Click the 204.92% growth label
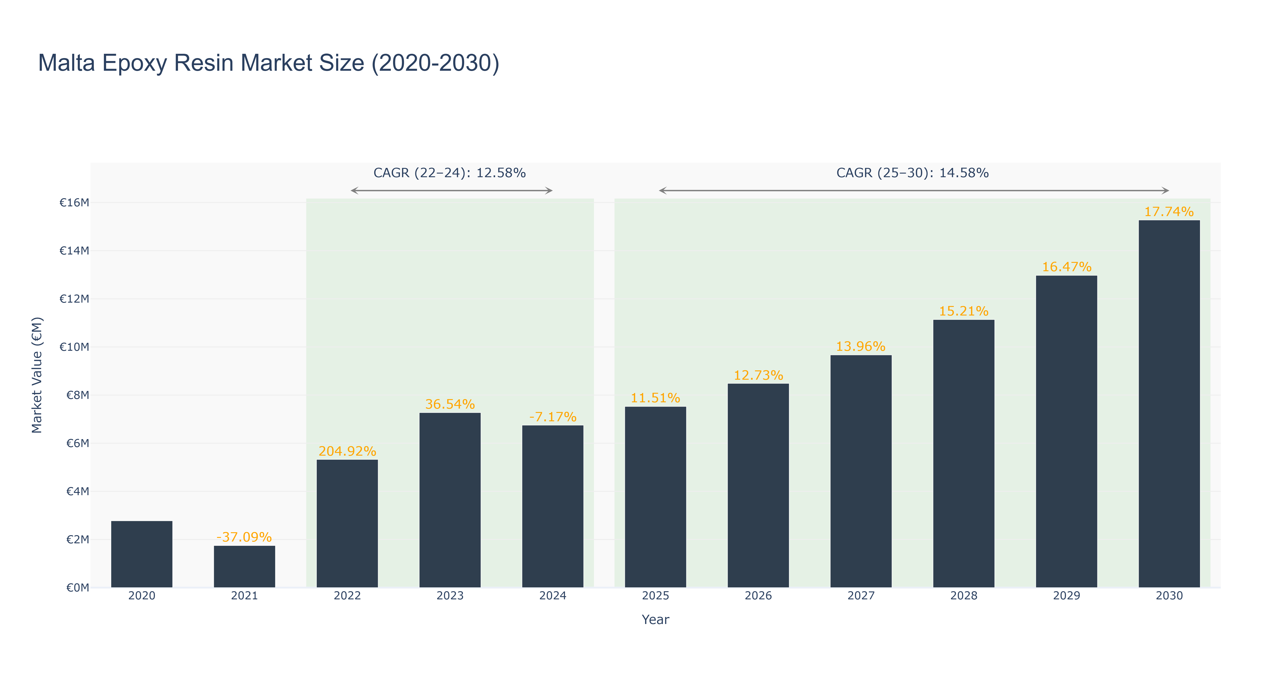tap(347, 451)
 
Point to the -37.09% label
tap(244, 537)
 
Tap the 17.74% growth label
tap(1169, 212)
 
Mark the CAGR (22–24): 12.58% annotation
tap(450, 173)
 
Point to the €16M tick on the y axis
tap(74, 202)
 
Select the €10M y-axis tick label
tap(74, 347)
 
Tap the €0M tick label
tap(78, 588)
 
